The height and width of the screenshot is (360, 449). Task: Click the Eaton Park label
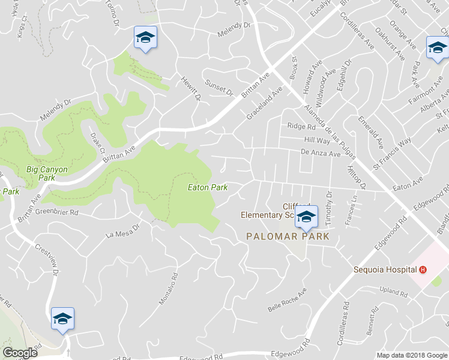tap(208, 187)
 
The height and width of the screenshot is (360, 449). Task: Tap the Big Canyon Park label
tap(47, 173)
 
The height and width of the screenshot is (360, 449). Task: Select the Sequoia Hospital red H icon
tap(424, 270)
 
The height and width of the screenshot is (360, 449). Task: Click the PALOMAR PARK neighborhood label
tap(288, 236)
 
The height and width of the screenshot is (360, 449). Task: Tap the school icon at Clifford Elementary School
tap(306, 218)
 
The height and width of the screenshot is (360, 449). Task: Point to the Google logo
tap(20, 353)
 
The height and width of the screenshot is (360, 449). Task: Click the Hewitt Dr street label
tap(191, 88)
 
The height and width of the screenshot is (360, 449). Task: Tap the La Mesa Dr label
tap(122, 230)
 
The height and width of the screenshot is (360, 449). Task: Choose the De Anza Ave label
tap(321, 154)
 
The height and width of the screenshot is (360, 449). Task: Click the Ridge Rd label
tap(301, 127)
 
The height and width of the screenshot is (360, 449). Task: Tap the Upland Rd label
tap(394, 292)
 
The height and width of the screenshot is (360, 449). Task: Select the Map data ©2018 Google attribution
tap(412, 355)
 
